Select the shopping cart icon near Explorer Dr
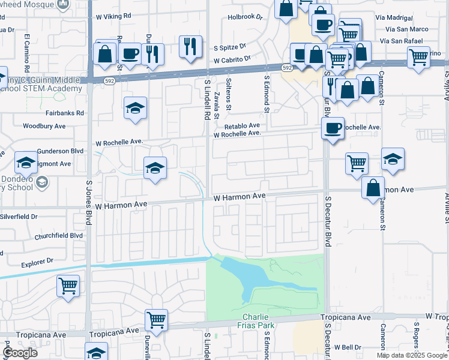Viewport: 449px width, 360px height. pyautogui.click(x=68, y=285)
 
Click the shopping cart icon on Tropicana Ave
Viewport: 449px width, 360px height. pyautogui.click(x=156, y=319)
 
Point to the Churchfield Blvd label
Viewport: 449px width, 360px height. pyautogui.click(x=59, y=236)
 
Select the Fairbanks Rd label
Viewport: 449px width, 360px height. pyautogui.click(x=64, y=112)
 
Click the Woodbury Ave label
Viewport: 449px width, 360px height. pyautogui.click(x=44, y=126)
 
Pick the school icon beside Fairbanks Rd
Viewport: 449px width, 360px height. pyautogui.click(x=135, y=108)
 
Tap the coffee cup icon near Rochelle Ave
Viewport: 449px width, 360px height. pyautogui.click(x=333, y=127)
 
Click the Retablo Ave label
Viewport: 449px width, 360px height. pyautogui.click(x=242, y=126)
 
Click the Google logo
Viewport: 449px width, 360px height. pyautogui.click(x=20, y=353)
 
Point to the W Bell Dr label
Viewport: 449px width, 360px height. pyautogui.click(x=348, y=347)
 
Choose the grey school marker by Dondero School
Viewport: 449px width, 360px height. pyautogui.click(x=42, y=182)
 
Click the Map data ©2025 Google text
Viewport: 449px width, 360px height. pyautogui.click(x=411, y=355)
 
